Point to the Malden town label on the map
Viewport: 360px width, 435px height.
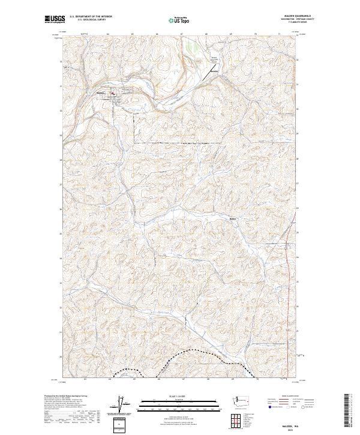tap(100, 92)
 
